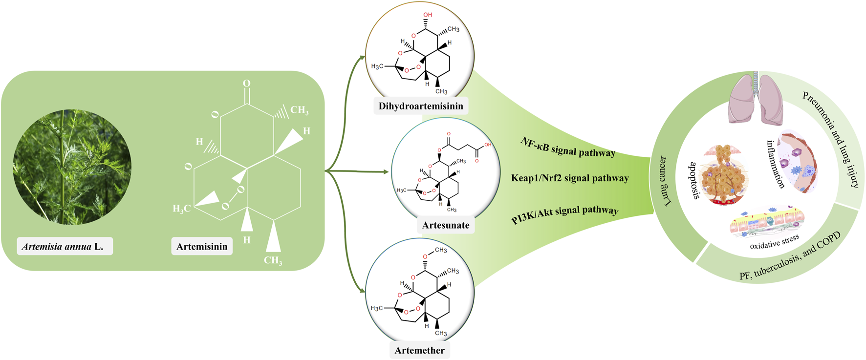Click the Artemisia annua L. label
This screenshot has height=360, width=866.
pos(65,247)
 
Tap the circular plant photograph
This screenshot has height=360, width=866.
pos(72,167)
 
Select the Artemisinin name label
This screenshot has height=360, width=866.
pos(202,247)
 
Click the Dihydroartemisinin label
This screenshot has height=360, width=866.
pos(421,106)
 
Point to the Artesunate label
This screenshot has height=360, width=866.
pos(446,225)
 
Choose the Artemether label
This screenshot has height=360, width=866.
pos(420,350)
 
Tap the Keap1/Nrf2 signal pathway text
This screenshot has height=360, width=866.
pos(570,178)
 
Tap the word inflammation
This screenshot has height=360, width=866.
pos(775,164)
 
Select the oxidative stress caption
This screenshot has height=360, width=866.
pos(775,242)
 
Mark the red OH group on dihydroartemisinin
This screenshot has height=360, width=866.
pos(428,15)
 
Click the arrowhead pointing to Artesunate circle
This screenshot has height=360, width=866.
pos(386,172)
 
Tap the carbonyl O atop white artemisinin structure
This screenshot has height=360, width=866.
pos(247,84)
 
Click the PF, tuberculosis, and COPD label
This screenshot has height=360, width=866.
pos(790,256)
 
